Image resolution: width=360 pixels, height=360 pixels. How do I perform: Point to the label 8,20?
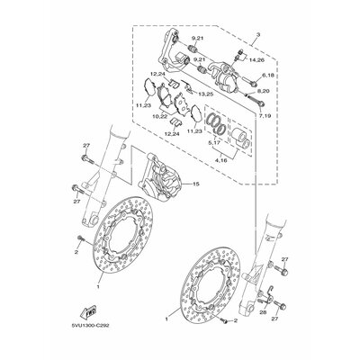tap(264, 92)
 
